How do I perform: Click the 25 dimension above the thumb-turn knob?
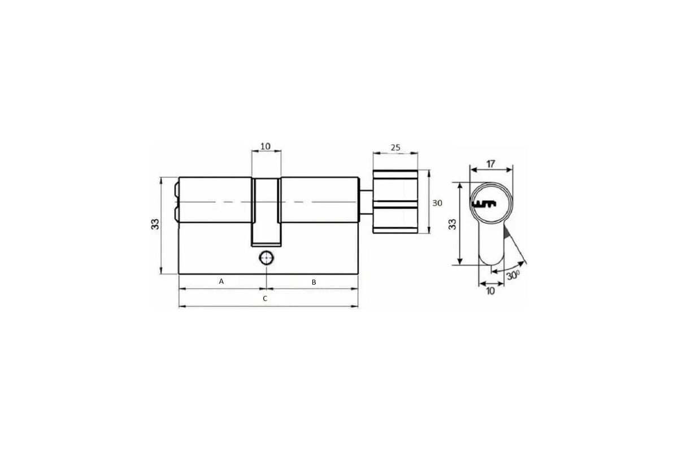pyautogui.click(x=395, y=148)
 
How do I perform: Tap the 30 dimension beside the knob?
pyautogui.click(x=437, y=203)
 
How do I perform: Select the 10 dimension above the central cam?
pyautogui.click(x=265, y=146)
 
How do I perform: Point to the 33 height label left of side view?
pyautogui.click(x=155, y=224)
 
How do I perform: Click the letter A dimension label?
pyautogui.click(x=221, y=281)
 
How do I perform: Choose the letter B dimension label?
pyautogui.click(x=314, y=281)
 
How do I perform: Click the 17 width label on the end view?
pyautogui.click(x=491, y=164)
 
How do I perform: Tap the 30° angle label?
pyautogui.click(x=513, y=276)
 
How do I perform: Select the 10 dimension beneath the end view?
pyautogui.click(x=490, y=291)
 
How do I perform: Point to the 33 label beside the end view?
pyautogui.click(x=452, y=224)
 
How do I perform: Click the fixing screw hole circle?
pyautogui.click(x=266, y=259)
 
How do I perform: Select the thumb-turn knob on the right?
pyautogui.click(x=395, y=201)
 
